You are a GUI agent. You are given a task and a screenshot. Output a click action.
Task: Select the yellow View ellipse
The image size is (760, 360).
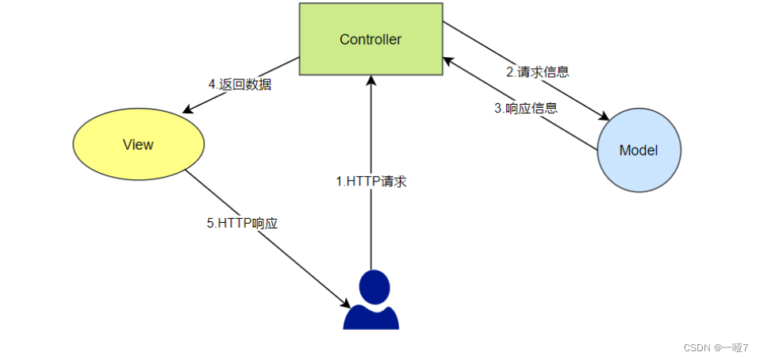point(139,144)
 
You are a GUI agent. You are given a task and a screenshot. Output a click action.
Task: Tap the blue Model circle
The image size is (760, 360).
point(638,150)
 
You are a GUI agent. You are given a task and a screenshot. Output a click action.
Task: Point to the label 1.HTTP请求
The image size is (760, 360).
point(371,181)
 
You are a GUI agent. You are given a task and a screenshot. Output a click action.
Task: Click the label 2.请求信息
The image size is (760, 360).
point(538,71)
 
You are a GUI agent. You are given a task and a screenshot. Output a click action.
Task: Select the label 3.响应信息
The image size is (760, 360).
point(526,109)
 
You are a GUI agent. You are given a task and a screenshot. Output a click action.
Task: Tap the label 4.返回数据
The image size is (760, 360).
point(240,84)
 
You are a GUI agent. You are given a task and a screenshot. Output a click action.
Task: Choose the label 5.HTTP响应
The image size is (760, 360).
point(242,224)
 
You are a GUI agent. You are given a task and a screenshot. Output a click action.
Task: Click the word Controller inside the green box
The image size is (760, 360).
point(370,40)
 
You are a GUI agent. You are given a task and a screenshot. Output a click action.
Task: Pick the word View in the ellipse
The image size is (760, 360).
point(138,144)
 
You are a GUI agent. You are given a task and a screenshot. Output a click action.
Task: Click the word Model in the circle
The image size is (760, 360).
point(638,150)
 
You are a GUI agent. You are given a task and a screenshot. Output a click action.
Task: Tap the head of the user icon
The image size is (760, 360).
point(373,284)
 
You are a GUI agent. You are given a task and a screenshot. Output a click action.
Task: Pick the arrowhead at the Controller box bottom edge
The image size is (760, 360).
point(370,80)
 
